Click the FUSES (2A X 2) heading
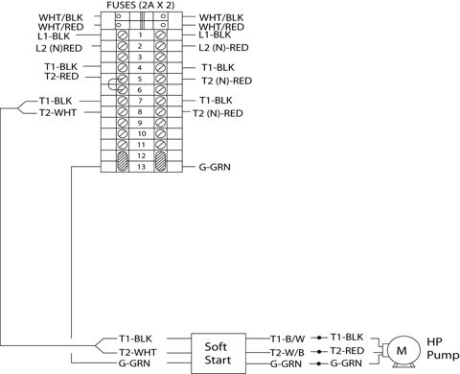coord(141,6)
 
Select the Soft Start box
coord(218,353)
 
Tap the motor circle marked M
coord(403,351)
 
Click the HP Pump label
coord(443,348)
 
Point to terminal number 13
coord(141,167)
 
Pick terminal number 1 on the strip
coord(140,35)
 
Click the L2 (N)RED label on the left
coord(58,49)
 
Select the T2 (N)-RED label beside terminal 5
coord(226,81)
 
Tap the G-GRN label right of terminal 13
coord(215,167)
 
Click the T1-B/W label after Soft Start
coord(287,339)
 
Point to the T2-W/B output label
coord(287,353)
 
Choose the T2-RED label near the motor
coord(347,351)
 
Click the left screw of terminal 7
coord(123,101)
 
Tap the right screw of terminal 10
coord(160,133)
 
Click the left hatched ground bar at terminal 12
coord(123,161)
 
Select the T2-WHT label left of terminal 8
coord(57,112)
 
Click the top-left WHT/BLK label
coord(60,17)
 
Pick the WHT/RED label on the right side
coord(221,27)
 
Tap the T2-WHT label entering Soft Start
coord(138,353)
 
